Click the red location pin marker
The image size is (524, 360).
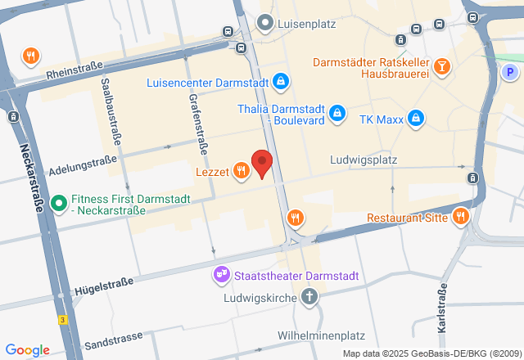(x=261, y=163)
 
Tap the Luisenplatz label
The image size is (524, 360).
(x=307, y=24)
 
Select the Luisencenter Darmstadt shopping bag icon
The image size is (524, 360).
(x=281, y=82)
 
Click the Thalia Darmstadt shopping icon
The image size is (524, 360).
(x=337, y=115)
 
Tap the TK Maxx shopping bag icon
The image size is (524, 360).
(x=416, y=119)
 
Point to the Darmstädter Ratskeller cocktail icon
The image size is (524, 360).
(x=442, y=65)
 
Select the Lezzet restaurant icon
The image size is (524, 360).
(x=241, y=171)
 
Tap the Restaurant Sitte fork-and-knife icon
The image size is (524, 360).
(x=461, y=217)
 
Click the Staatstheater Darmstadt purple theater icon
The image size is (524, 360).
(x=221, y=275)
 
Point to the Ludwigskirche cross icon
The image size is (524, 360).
(x=309, y=296)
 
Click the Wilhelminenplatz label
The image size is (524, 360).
(x=320, y=335)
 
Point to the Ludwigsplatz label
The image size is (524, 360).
(x=364, y=161)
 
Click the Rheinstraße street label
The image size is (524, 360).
(x=75, y=74)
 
